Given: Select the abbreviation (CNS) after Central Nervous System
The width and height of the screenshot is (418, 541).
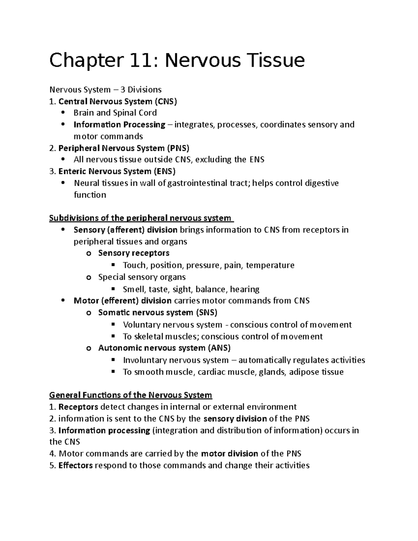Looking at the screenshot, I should pyautogui.click(x=166, y=101).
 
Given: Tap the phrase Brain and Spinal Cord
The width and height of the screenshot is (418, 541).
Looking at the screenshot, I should pyautogui.click(x=115, y=113).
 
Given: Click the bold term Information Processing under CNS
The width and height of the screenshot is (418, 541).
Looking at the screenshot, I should pyautogui.click(x=119, y=125).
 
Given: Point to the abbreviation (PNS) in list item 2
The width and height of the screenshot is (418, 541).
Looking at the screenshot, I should pyautogui.click(x=178, y=148).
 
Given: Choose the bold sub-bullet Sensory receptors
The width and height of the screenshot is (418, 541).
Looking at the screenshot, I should pyautogui.click(x=134, y=253).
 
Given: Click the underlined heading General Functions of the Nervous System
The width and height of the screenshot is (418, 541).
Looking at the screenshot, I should pyautogui.click(x=131, y=395).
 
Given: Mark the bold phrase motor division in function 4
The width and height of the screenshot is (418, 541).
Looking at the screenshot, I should pyautogui.click(x=230, y=454).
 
